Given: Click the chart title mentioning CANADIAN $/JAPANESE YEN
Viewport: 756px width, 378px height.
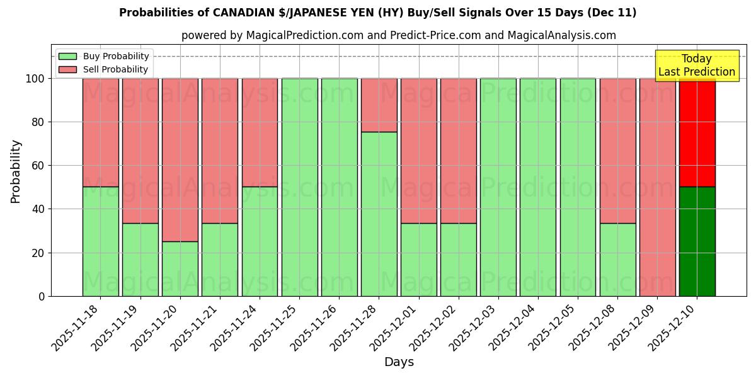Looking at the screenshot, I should (377, 13).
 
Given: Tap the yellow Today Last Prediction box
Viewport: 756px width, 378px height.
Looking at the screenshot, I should (696, 66).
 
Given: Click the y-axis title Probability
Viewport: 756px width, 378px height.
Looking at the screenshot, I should (16, 171).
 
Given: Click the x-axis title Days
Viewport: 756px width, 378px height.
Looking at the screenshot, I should (399, 362).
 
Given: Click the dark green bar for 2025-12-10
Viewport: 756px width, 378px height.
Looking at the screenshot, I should (697, 241).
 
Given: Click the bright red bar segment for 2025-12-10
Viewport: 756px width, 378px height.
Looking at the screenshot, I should (697, 132).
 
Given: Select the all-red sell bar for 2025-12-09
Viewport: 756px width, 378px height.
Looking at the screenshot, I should (657, 187).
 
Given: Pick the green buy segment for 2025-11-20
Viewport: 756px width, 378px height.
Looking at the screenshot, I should (180, 269).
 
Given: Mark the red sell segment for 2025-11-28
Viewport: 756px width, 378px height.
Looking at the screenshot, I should (379, 105).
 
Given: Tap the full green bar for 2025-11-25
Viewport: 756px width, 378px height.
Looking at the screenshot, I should (299, 187).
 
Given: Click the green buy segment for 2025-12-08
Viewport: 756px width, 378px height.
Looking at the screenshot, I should (617, 260).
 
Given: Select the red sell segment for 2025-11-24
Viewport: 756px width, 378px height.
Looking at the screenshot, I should (260, 132).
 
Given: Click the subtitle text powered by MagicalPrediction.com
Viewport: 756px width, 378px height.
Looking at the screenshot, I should (399, 35).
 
